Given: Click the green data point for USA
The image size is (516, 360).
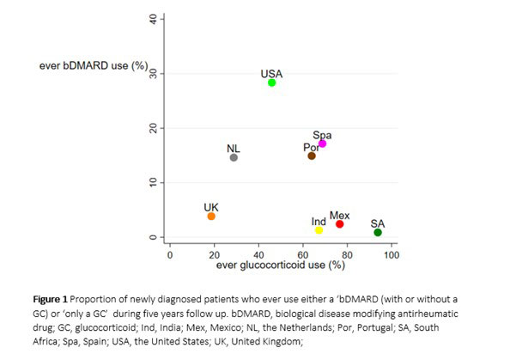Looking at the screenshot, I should [x=272, y=82].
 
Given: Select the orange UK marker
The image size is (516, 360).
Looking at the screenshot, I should [x=211, y=217].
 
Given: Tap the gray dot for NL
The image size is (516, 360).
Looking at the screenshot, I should [x=234, y=157].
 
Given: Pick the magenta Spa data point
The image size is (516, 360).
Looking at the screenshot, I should [x=322, y=143].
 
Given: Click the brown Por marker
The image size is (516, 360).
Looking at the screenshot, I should [x=312, y=156].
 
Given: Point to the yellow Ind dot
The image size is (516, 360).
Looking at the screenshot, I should [x=319, y=230].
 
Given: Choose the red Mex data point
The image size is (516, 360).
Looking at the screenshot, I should [x=340, y=224].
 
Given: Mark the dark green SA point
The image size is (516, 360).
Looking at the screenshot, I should [x=378, y=232].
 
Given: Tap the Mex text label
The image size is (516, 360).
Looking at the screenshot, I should [x=340, y=215].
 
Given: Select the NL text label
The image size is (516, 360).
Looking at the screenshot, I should [x=234, y=149].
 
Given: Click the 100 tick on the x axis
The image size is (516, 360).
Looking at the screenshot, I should [x=392, y=254].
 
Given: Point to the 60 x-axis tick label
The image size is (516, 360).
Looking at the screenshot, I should [x=303, y=254].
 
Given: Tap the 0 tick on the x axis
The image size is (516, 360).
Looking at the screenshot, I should [x=170, y=254].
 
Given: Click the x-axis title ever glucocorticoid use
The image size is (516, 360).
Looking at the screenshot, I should [x=280, y=265].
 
